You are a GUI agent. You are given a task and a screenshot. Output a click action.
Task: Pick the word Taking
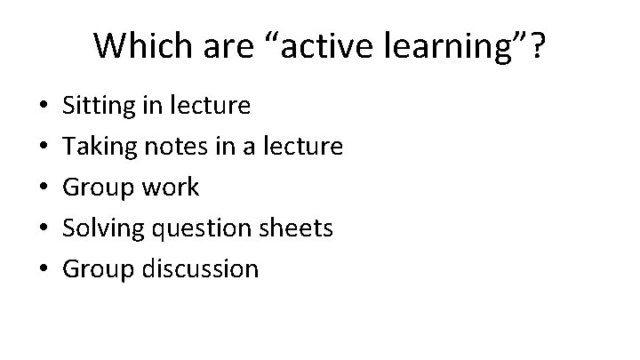pyautogui.click(x=97, y=148)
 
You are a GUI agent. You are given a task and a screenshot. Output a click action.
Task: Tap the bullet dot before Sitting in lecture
pyautogui.click(x=32, y=108)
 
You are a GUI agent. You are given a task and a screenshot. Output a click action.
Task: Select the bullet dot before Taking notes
pyautogui.click(x=32, y=148)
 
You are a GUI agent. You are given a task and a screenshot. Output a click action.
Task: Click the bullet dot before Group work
pyautogui.click(x=32, y=188)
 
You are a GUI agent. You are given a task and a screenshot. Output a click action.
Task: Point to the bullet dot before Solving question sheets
pyautogui.click(x=32, y=228)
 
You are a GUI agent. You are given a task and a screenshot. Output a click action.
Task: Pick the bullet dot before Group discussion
pyautogui.click(x=32, y=268)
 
